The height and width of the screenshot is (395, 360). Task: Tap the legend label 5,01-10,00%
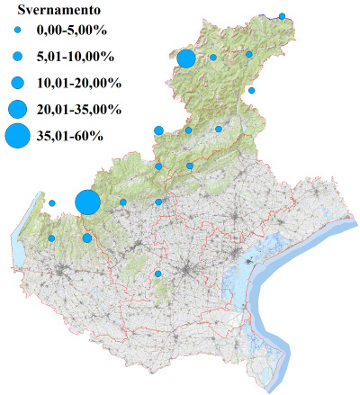click(x=75, y=58)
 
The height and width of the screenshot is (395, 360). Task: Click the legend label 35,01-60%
click(x=70, y=136)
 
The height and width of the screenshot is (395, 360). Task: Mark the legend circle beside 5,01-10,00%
click(x=17, y=58)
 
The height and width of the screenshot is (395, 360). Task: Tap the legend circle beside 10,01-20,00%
click(x=17, y=83)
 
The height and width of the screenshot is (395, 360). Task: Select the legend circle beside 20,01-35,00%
click(x=17, y=109)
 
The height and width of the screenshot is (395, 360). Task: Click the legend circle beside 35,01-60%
click(x=17, y=137)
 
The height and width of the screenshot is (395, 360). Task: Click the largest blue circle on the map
click(x=87, y=202)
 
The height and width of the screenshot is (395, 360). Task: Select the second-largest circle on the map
click(x=187, y=59)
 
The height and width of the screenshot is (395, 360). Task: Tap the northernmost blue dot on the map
click(x=282, y=16)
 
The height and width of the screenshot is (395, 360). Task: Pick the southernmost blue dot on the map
click(x=158, y=274)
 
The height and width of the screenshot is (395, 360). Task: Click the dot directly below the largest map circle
click(x=87, y=238)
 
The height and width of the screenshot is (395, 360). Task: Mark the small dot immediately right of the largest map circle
click(x=123, y=202)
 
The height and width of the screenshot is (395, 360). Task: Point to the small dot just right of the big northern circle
click(x=213, y=58)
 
